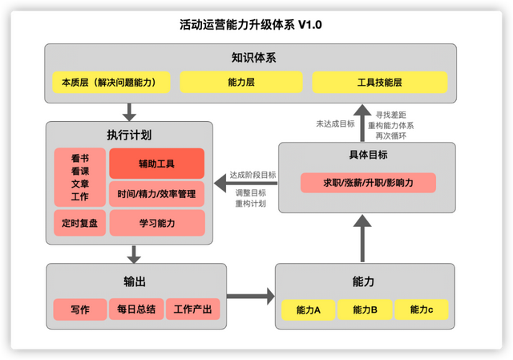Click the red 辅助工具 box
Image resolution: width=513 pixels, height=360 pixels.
click(x=156, y=164)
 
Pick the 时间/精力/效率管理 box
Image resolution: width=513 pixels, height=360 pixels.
click(x=156, y=193)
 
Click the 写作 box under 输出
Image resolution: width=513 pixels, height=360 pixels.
click(x=79, y=309)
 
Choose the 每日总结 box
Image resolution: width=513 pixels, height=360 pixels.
click(x=135, y=309)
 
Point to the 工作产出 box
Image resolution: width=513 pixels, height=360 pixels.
click(x=192, y=309)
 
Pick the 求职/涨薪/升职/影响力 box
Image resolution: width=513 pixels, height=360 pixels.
click(x=368, y=183)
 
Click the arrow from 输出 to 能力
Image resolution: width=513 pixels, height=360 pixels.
click(x=249, y=297)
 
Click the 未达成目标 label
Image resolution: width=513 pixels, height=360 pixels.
click(x=334, y=123)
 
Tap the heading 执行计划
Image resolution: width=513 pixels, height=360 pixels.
click(x=129, y=135)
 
